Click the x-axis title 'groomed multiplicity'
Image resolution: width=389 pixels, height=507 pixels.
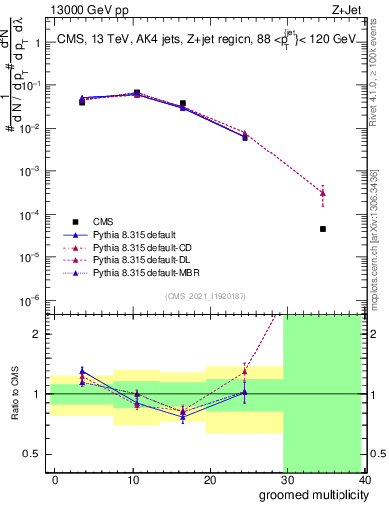[x=312, y=493]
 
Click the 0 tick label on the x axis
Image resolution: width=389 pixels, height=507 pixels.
[x=55, y=479]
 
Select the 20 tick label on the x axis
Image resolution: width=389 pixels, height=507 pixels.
[x=209, y=479]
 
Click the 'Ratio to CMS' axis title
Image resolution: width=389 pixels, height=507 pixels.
[x=17, y=393]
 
